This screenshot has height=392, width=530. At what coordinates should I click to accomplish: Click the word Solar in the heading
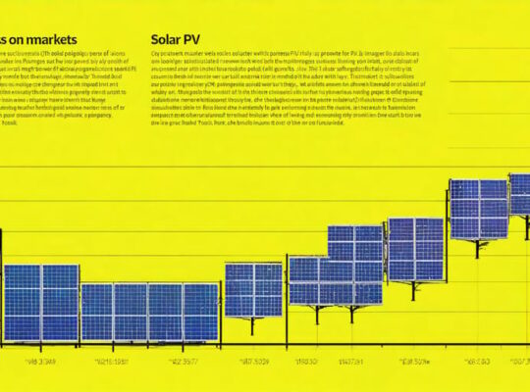click(x=168, y=41)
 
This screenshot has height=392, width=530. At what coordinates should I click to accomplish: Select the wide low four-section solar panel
click(x=149, y=312)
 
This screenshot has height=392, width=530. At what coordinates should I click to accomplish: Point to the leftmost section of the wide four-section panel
click(x=97, y=312)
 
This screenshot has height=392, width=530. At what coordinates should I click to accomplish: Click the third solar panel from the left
click(x=253, y=289)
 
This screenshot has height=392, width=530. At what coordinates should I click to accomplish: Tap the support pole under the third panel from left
click(x=253, y=325)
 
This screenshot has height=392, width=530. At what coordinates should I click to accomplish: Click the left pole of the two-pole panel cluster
click(x=318, y=314)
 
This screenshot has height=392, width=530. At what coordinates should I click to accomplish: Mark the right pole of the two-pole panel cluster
click(x=351, y=314)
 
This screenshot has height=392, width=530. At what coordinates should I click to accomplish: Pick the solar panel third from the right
click(x=415, y=248)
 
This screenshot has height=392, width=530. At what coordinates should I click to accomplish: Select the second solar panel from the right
click(x=478, y=209)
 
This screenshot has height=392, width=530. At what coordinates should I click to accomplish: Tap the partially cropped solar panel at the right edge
click(x=519, y=193)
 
